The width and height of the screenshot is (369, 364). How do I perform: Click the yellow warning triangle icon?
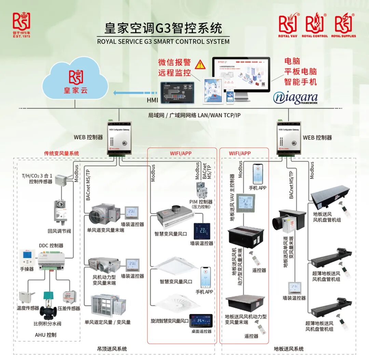coord(199,64)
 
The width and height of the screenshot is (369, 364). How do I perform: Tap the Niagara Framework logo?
coord(295,98)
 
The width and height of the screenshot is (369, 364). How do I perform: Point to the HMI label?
coord(152,100)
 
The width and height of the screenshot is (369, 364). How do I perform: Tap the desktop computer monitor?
coord(241,73)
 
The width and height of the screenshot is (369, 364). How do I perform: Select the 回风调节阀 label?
coord(59,231)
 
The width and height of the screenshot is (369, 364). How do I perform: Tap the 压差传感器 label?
coord(69,308)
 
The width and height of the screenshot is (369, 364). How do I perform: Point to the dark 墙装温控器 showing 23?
coord(201,231)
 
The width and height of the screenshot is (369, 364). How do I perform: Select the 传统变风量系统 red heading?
coord(61,153)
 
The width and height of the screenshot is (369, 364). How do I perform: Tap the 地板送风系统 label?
coord(289,349)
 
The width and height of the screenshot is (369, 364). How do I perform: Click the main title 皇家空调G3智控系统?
coord(163,28)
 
